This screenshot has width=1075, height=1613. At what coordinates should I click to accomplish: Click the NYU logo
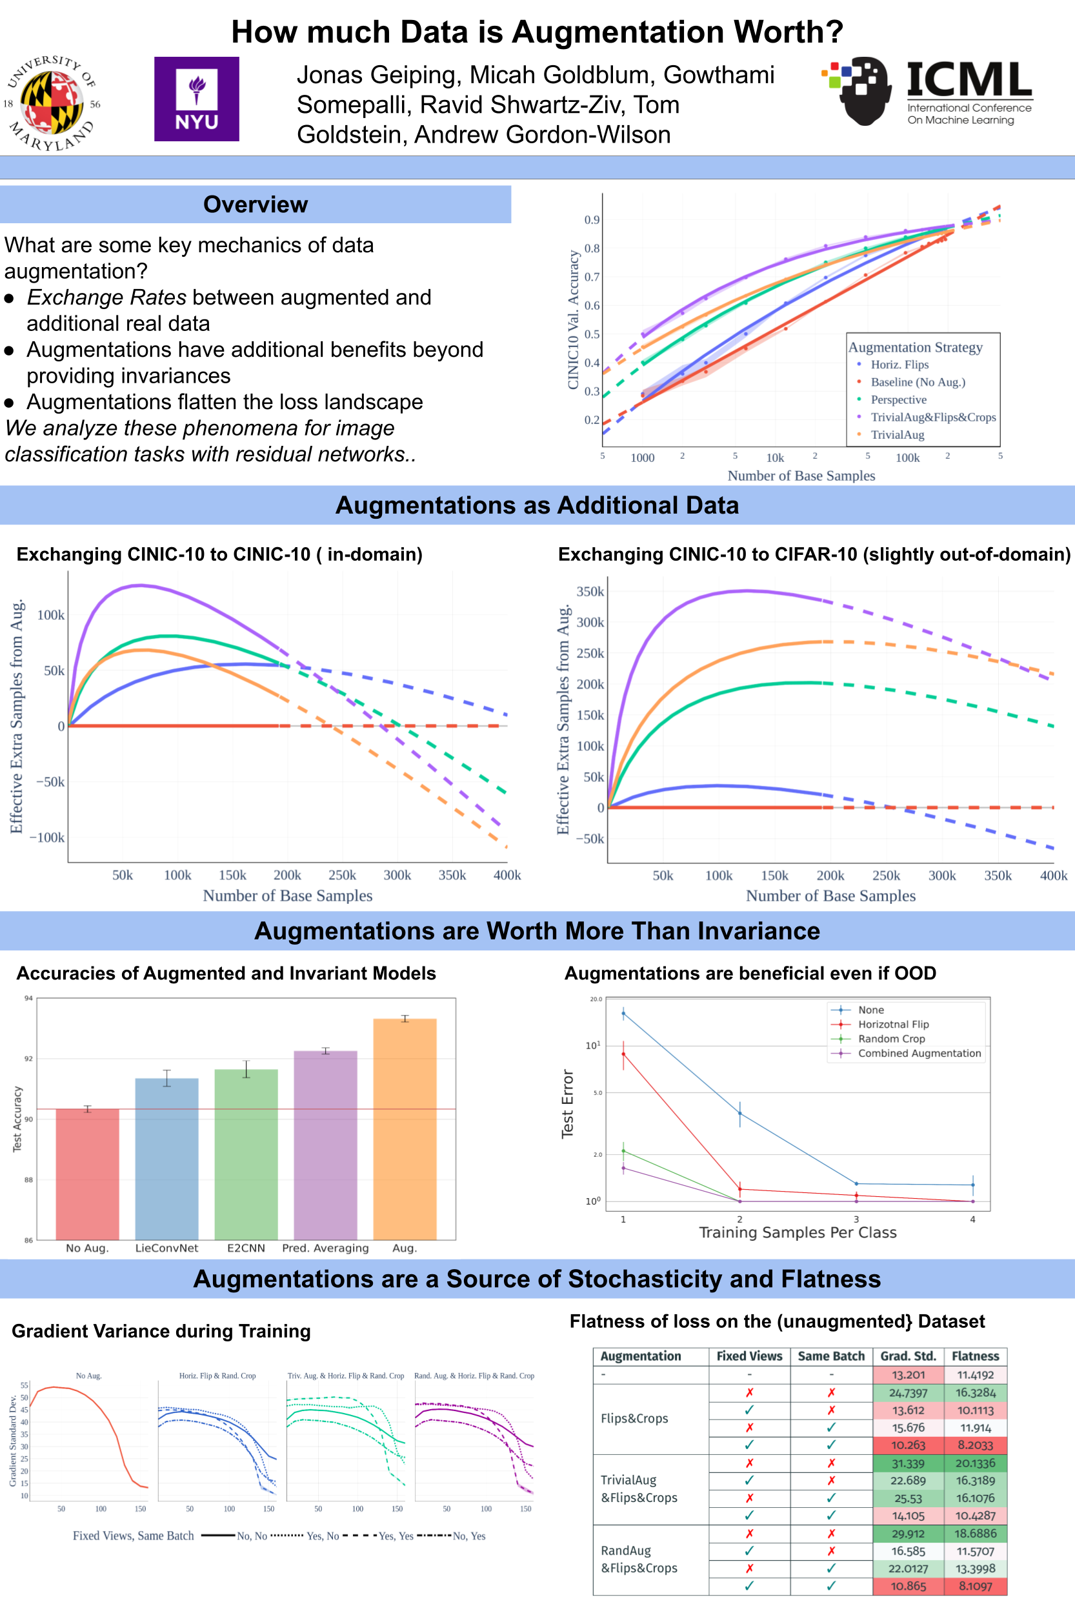pos(196,99)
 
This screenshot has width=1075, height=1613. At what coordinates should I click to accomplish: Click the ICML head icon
pos(859,90)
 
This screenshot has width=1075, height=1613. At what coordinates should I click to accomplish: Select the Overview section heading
pos(255,205)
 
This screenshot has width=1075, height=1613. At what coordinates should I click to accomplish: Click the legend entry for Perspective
pos(898,399)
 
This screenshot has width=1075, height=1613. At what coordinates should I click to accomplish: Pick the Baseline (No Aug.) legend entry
pos(918,382)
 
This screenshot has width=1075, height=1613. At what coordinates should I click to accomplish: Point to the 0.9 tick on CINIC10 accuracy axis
pos(592,220)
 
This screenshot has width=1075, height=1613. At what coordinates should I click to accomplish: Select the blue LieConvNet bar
pos(166,1158)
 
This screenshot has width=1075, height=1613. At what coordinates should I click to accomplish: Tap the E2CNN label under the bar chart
pos(245,1248)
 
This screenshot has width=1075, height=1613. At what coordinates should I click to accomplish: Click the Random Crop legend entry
pos(891,1039)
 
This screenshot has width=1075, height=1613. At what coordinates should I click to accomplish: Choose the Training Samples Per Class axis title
pos(798,1232)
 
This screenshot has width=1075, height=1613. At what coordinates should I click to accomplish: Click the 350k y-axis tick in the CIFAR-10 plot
pos(590,592)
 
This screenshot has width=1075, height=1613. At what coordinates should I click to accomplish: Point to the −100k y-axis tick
pos(46,837)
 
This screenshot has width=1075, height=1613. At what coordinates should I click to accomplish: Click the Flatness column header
pos(975,1356)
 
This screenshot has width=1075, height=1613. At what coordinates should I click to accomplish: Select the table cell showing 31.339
pos(908,1463)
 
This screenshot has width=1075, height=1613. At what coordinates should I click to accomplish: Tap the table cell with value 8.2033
pos(975,1445)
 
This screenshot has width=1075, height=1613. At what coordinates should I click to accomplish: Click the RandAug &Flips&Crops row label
pos(639,1559)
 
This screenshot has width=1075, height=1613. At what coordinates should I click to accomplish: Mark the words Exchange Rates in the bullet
pos(106,297)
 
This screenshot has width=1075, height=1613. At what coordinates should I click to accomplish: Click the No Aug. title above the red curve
pos(88,1376)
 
